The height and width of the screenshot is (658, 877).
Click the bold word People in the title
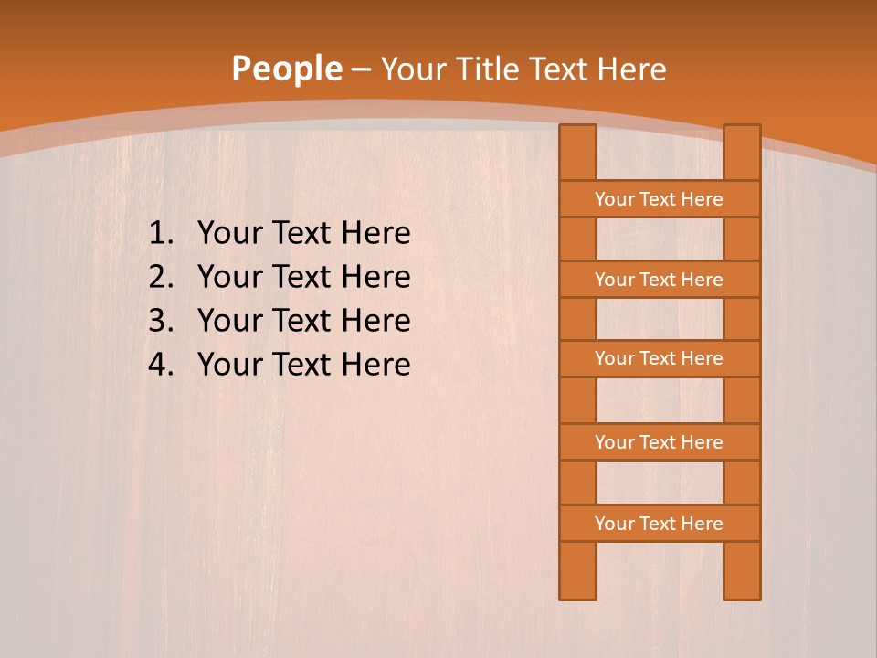[x=286, y=69]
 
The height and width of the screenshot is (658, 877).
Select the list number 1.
[x=161, y=234]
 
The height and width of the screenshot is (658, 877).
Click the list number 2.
[x=161, y=277]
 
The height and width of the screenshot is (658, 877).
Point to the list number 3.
[x=161, y=321]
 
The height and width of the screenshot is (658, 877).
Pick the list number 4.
[x=161, y=365]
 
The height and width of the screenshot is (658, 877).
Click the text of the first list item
[x=303, y=234]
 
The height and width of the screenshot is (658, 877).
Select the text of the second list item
[x=303, y=277]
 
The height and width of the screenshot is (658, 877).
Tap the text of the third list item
[x=303, y=321]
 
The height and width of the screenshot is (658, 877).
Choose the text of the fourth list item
[x=303, y=365]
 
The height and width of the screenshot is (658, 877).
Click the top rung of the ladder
[x=659, y=199]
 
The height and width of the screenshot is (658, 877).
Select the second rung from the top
[x=659, y=280]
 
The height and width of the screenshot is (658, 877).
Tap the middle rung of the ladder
[x=659, y=358]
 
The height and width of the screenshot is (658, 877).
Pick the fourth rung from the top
[x=659, y=442]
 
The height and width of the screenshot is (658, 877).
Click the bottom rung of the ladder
[x=659, y=524]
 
